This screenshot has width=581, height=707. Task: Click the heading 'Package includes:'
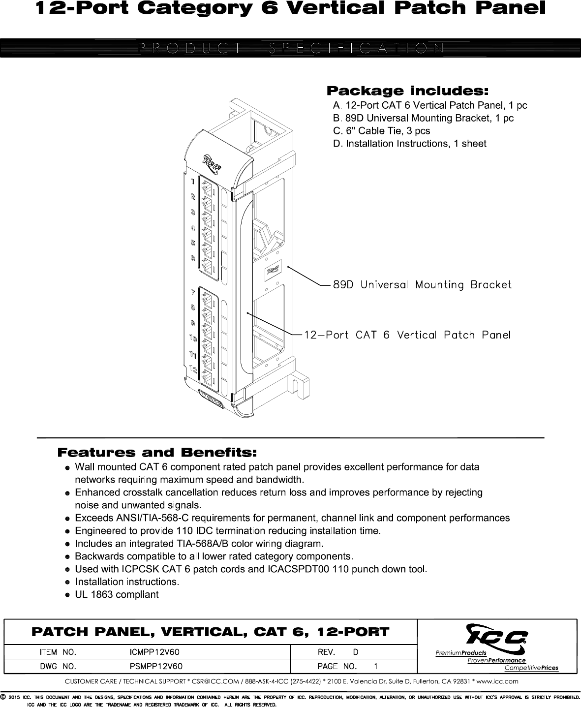point(408,91)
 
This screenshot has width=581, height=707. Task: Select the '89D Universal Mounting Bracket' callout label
point(422,285)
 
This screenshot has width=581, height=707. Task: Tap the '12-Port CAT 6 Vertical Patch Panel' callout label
point(407,335)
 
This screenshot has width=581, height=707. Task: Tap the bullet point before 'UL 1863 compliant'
point(68,595)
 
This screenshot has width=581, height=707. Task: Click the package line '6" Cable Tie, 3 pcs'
point(381,131)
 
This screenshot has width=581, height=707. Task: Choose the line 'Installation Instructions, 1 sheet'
point(409,144)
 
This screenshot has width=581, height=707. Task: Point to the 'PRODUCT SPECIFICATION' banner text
point(290,48)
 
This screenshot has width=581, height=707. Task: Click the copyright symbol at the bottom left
point(3,697)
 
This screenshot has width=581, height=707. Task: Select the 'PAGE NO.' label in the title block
point(337,667)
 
